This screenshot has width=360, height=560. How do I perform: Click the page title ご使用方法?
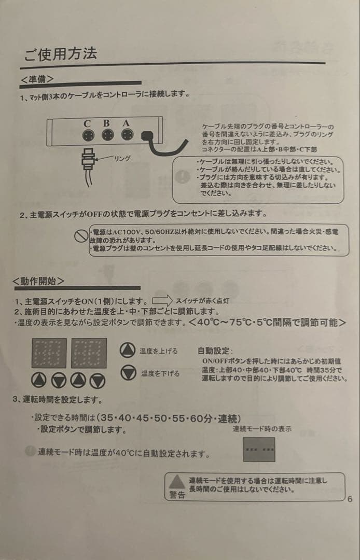[x=60, y=54]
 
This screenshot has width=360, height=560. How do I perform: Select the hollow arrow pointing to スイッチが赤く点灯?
[x=162, y=300]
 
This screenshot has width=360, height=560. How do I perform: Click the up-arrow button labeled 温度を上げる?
[x=127, y=350]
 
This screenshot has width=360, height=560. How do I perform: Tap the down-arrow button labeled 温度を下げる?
[x=127, y=372]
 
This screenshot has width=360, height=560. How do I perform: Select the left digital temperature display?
[x=49, y=353]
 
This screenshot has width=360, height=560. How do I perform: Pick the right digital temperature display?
[x=89, y=353]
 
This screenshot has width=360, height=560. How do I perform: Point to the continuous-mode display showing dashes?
[x=259, y=449]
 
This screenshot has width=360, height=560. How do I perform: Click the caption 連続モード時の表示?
[x=262, y=429]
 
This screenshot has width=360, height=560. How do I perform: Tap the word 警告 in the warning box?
[x=177, y=495]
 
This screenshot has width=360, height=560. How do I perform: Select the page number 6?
[x=350, y=499]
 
